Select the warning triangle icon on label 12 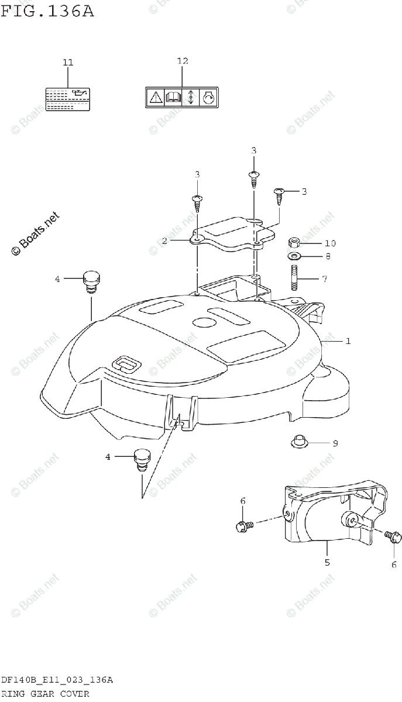pyautogui.click(x=156, y=97)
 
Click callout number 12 pyautogui.click(x=183, y=61)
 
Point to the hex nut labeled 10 pyautogui.click(x=296, y=243)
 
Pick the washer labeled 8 pyautogui.click(x=295, y=256)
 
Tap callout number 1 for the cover pyautogui.click(x=348, y=340)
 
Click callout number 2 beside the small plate pyautogui.click(x=165, y=240)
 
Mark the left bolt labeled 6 pyautogui.click(x=243, y=526)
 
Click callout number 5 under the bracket pyautogui.click(x=327, y=563)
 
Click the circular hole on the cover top pyautogui.click(x=204, y=322)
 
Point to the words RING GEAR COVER pyautogui.click(x=44, y=694)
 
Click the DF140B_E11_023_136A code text pyautogui.click(x=57, y=680)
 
